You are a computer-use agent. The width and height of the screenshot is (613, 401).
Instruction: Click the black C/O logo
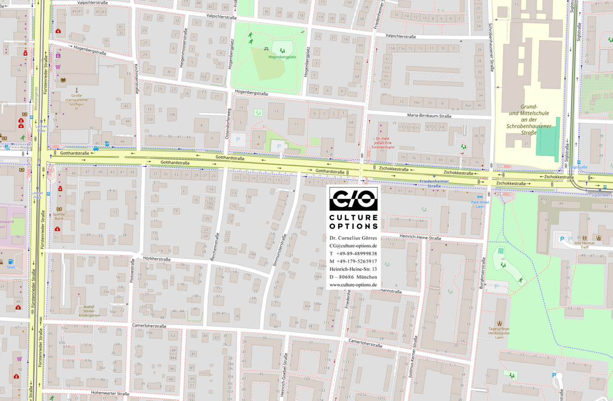click(x=353, y=199)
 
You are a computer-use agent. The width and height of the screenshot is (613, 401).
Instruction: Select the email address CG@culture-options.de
click(x=353, y=245)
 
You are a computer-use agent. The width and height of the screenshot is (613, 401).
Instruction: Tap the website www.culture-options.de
click(x=353, y=284)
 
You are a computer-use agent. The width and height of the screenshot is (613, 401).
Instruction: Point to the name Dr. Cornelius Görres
click(x=353, y=238)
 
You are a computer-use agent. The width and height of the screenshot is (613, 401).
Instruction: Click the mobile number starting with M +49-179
click(x=353, y=261)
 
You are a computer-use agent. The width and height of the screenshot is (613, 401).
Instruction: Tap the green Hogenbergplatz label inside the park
click(x=282, y=57)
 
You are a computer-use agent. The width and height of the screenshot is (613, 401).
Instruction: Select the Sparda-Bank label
click(x=59, y=217)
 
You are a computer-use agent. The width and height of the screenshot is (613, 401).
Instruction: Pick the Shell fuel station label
click(x=11, y=267)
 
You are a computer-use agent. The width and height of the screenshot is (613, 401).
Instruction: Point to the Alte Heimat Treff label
click(x=584, y=245)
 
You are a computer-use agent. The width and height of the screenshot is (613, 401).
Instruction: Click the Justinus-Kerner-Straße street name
click(x=415, y=356)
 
